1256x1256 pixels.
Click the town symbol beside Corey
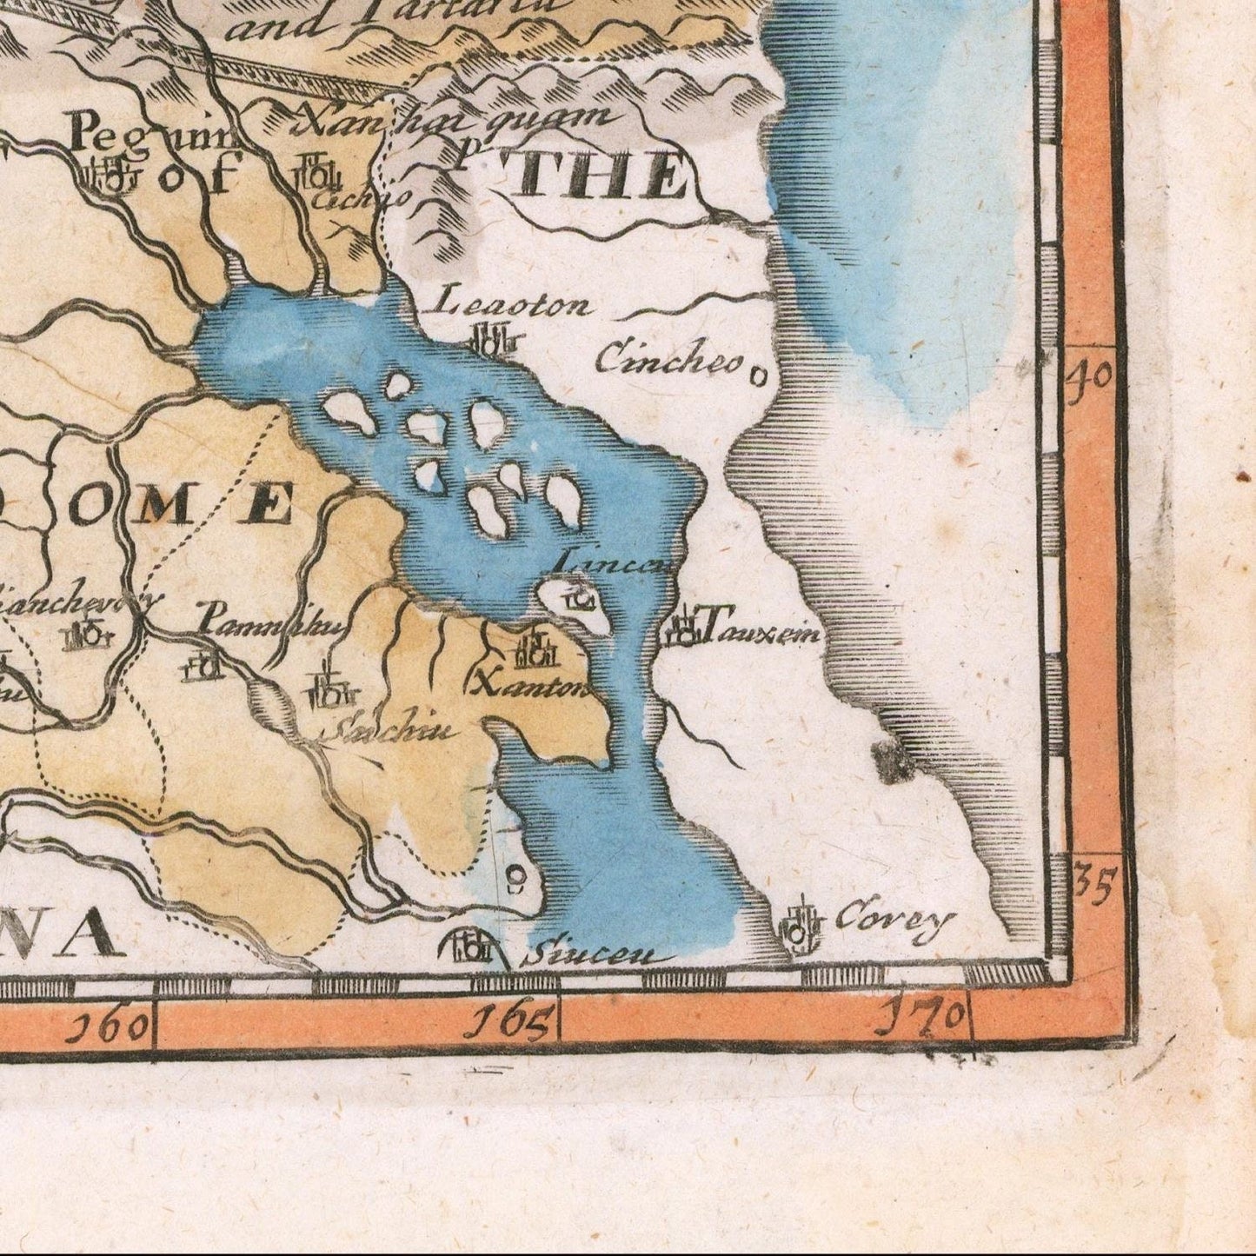click(x=801, y=928)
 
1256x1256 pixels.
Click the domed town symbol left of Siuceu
click(x=469, y=945)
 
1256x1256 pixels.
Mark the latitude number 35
click(x=1093, y=882)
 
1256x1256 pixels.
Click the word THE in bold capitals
click(x=600, y=176)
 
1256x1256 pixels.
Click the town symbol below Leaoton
click(x=493, y=338)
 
